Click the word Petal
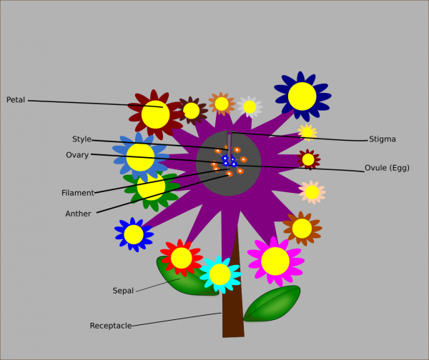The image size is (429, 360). click(x=16, y=100)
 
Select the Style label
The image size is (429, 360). click(x=82, y=139)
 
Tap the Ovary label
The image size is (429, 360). click(x=77, y=155)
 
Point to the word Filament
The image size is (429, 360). click(x=78, y=193)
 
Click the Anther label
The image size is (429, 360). click(x=78, y=214)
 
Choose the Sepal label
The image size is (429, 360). click(x=123, y=291)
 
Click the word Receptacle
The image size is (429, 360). click(x=111, y=326)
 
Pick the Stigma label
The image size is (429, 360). click(x=382, y=139)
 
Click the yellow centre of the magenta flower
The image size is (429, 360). click(x=275, y=261)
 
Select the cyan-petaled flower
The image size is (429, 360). click(x=220, y=274)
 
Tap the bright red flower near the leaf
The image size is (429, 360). click(x=182, y=258)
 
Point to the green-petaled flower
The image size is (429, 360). click(x=151, y=188)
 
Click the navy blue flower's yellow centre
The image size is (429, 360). click(x=302, y=96)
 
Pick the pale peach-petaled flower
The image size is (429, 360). click(x=312, y=191)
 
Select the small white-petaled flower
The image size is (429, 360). click(x=250, y=107)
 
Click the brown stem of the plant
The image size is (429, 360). click(x=233, y=300)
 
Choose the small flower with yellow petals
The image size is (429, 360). click(x=307, y=132)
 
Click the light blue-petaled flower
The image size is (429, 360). click(x=140, y=157)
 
